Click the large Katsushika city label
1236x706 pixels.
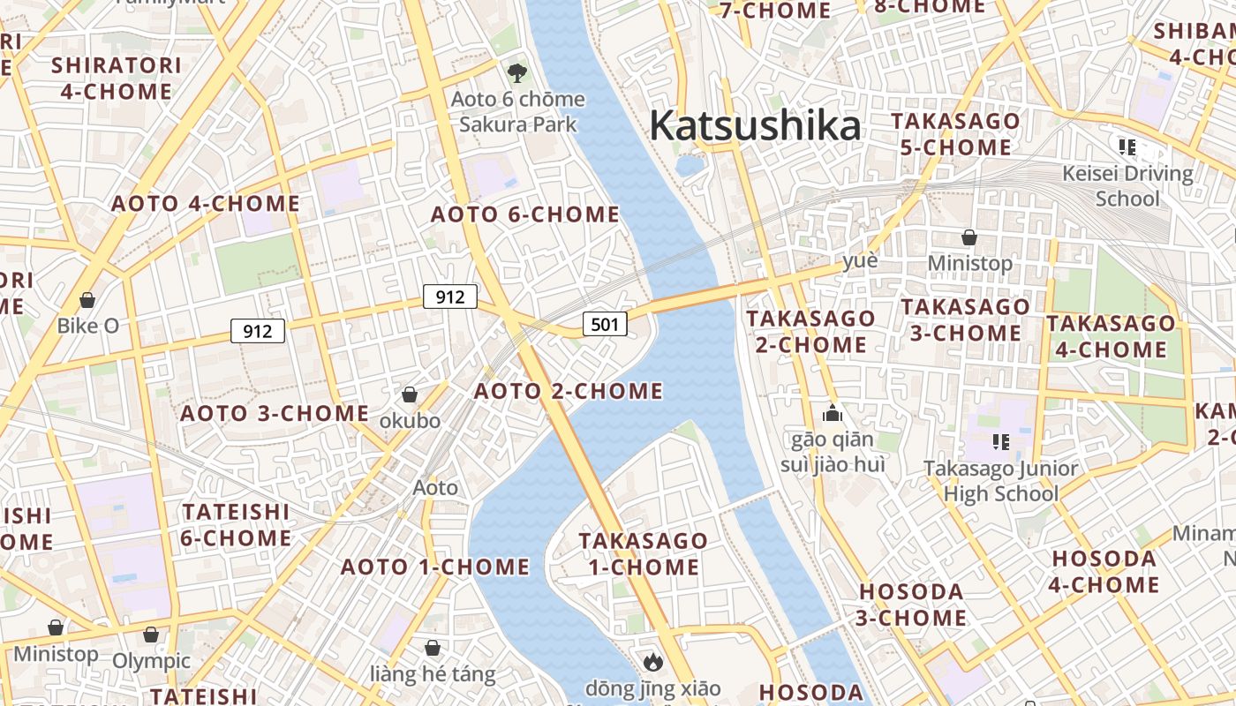click(x=755, y=126)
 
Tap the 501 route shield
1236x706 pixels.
click(x=605, y=324)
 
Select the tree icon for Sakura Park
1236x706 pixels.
click(x=516, y=72)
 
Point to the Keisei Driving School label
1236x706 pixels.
click(x=1127, y=185)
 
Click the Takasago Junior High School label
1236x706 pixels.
click(x=1001, y=481)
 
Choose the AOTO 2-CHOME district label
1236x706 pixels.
click(x=569, y=391)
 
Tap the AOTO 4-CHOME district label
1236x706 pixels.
click(x=205, y=204)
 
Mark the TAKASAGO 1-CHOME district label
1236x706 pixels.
click(x=644, y=553)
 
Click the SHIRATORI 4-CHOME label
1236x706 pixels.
click(x=117, y=79)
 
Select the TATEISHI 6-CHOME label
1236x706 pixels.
click(x=236, y=525)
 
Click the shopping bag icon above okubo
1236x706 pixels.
click(x=410, y=394)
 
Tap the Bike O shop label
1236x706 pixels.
click(x=87, y=326)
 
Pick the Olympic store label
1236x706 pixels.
click(x=151, y=660)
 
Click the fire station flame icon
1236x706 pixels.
click(x=652, y=661)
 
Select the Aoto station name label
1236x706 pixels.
click(x=435, y=487)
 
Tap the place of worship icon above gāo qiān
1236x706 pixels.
click(x=832, y=413)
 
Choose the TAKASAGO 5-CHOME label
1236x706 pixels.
click(x=955, y=134)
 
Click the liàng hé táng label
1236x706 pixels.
click(x=433, y=675)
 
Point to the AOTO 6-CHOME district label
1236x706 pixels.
click(x=524, y=214)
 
